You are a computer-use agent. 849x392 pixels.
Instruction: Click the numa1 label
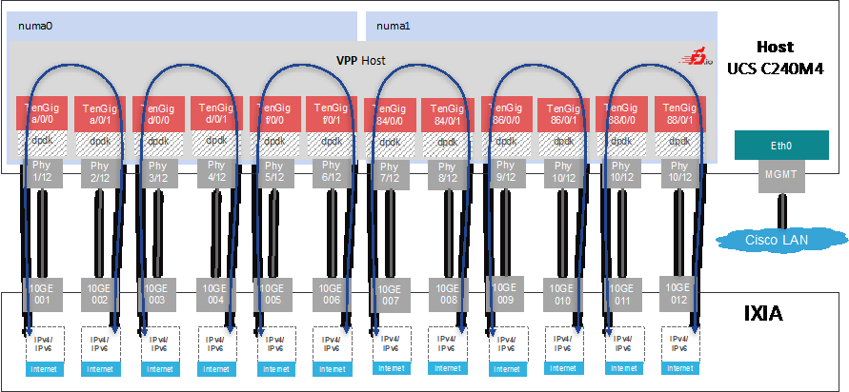[x=393, y=27]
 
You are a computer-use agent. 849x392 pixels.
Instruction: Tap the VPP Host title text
[x=360, y=61]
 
